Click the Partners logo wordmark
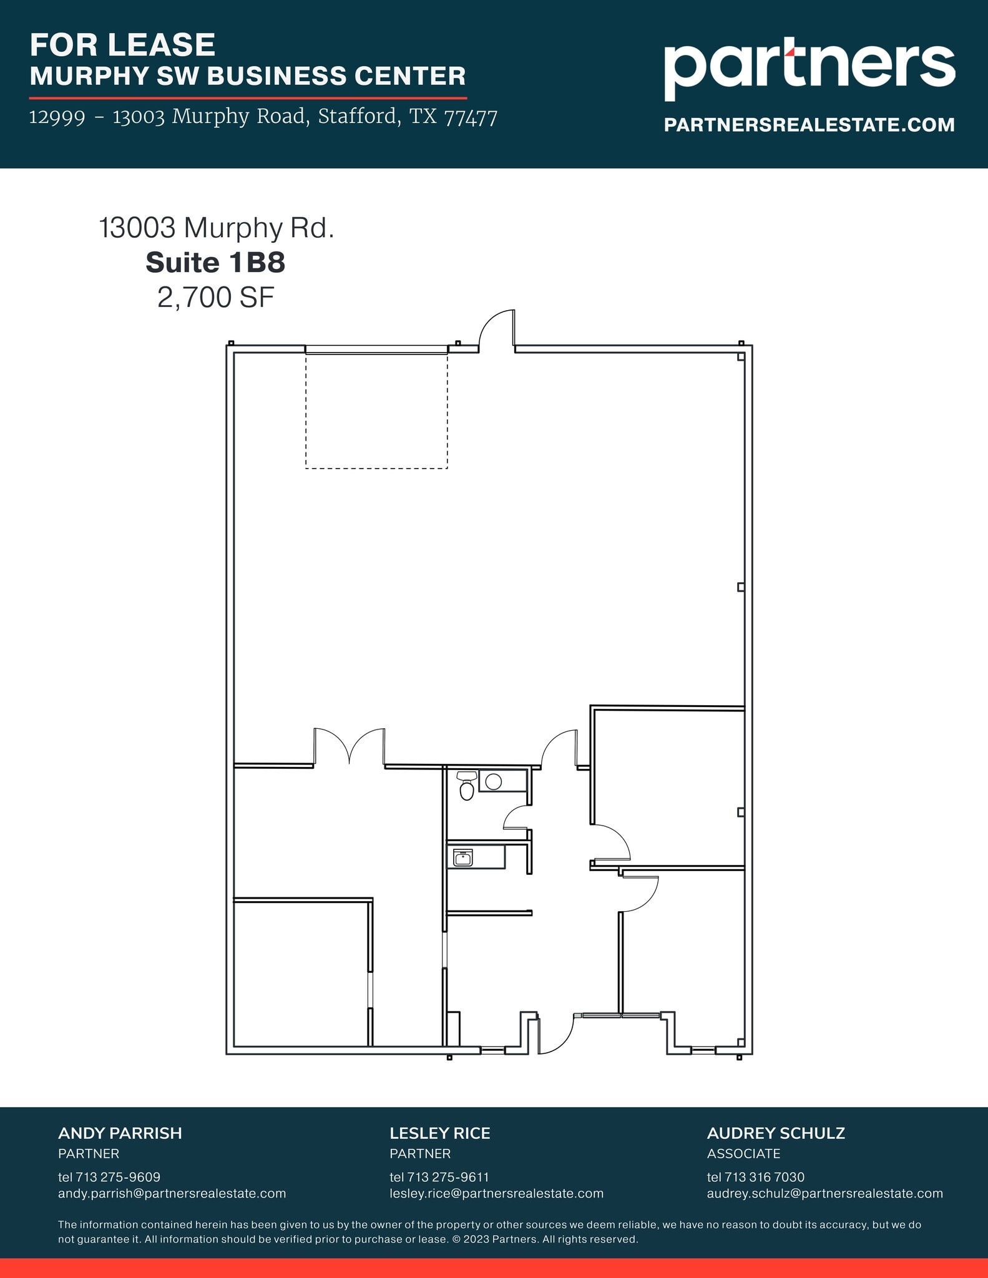point(809,66)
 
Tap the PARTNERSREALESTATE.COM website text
point(809,125)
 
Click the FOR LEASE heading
point(122,45)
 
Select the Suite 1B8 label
point(215,263)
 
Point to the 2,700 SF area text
point(215,298)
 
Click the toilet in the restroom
point(466,786)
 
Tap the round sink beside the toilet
point(493,781)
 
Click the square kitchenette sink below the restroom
point(462,857)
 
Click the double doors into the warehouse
point(349,746)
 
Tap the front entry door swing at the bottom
point(555,1035)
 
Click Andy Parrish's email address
point(172,1193)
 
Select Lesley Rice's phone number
point(439,1177)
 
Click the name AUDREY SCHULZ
point(776,1133)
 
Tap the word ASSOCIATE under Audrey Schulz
point(743,1153)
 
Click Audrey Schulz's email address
point(824,1193)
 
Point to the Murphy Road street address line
point(263,117)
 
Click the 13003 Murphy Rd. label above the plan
point(217,228)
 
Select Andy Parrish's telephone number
point(109,1177)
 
